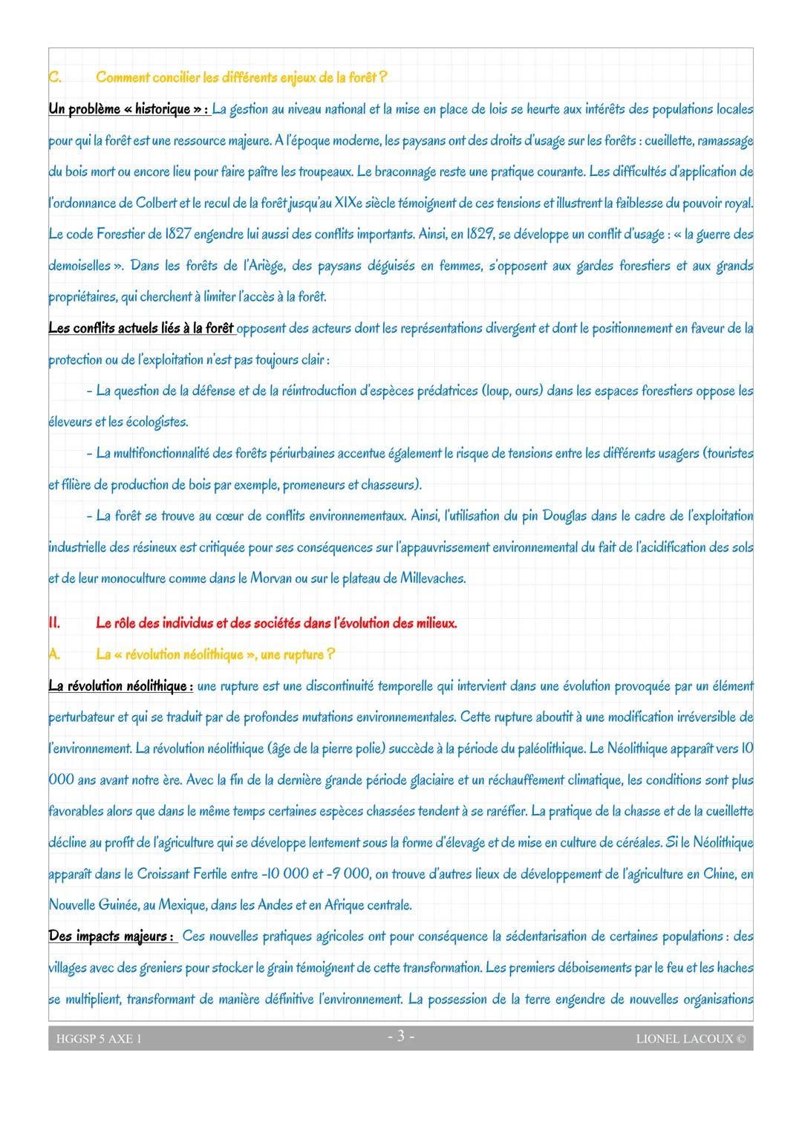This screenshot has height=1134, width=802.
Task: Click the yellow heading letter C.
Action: point(53,78)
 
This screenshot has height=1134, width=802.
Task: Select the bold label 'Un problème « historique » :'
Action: point(128,110)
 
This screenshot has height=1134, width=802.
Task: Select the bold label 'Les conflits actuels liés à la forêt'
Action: point(141,328)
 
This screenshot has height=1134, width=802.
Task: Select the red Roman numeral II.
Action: point(54,624)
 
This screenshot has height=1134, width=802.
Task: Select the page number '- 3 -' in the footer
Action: point(401,1037)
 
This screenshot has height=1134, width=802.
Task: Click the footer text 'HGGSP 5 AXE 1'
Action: point(99,1039)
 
